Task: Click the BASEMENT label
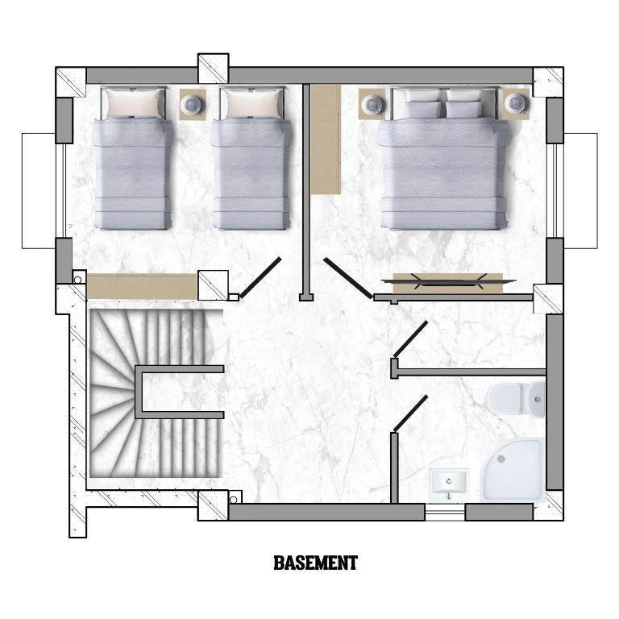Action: (315, 563)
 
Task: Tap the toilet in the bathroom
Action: (516, 399)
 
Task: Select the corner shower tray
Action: (513, 469)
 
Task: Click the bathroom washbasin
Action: (448, 484)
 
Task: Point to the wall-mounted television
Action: (448, 280)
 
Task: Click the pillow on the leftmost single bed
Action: (135, 103)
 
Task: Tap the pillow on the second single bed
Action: (253, 103)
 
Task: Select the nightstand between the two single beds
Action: (193, 105)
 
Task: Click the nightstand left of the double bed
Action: (372, 103)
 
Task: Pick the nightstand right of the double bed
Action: (516, 103)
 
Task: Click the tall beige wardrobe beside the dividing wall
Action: (326, 139)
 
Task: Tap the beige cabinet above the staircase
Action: (142, 286)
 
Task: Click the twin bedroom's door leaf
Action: (260, 277)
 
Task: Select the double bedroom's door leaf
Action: (348, 278)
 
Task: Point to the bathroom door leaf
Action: (410, 413)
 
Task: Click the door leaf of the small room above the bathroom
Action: (410, 339)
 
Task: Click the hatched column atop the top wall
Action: (213, 69)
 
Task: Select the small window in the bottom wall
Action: (445, 512)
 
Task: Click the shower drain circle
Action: (501, 459)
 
